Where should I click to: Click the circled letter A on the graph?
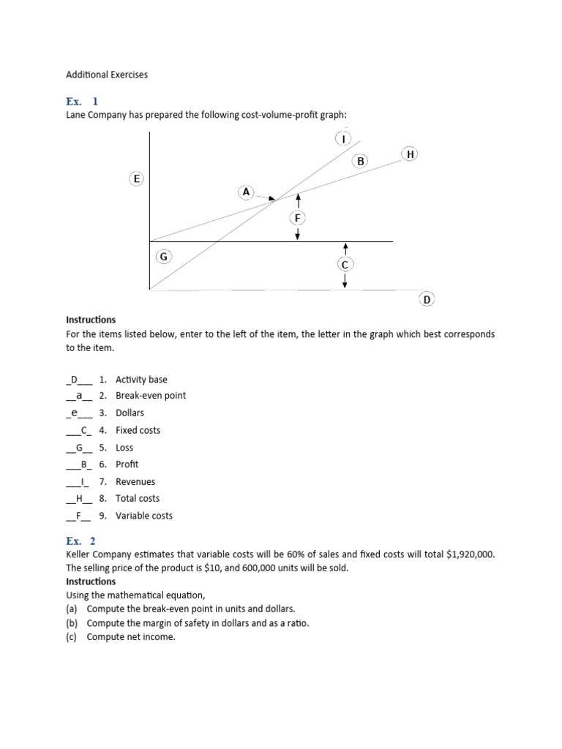[246, 192]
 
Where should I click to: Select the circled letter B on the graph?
[360, 161]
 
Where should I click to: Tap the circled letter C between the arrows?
[345, 264]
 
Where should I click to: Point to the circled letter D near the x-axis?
[427, 298]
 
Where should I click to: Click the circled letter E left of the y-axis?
[136, 178]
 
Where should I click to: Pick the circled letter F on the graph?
[297, 217]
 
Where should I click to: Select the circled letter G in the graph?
[163, 257]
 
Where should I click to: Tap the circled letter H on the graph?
[411, 154]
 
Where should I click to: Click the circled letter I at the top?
[343, 138]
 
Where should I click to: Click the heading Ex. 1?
[82, 101]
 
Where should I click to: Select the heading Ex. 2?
[82, 541]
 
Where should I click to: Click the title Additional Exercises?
[107, 75]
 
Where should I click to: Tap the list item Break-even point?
[151, 396]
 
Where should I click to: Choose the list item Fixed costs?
[138, 430]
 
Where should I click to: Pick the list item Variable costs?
[144, 516]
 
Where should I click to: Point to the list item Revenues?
[135, 481]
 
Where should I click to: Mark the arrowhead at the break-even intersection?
[272, 198]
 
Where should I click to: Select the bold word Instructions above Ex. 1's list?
[91, 320]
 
